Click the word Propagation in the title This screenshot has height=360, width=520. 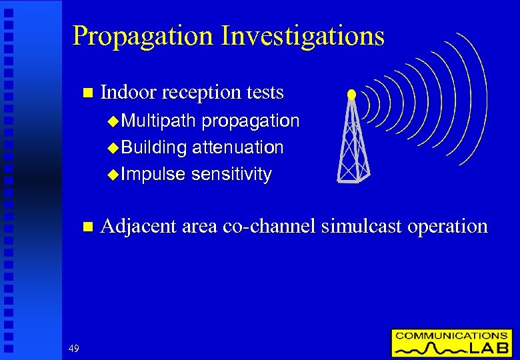tap(143, 36)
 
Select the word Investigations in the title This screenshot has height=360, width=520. tap(303, 36)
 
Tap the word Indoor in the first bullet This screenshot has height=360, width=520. tap(127, 92)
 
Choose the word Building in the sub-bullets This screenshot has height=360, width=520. tap(154, 147)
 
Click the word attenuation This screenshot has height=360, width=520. tap(237, 147)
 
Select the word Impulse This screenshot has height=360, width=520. tap(154, 175)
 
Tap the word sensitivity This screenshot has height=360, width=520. tap(231, 175)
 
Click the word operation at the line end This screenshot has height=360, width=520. tap(447, 227)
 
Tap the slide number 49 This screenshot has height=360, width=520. tap(73, 347)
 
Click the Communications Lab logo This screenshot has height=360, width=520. tap(451, 343)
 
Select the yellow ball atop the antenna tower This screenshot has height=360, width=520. tap(351, 95)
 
